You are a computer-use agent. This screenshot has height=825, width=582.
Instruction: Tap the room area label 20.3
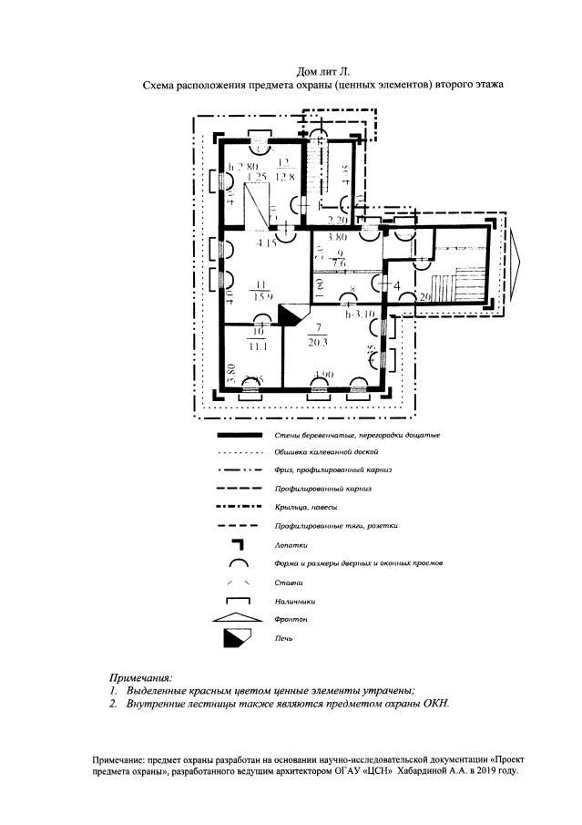click(320, 343)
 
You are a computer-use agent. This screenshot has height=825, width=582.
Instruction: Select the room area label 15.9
click(265, 294)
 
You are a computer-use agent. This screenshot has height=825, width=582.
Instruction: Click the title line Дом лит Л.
click(323, 70)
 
